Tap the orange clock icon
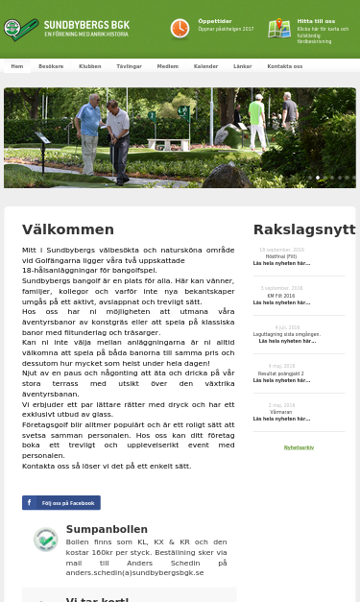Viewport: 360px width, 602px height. (180, 29)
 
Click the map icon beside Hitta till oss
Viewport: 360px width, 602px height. (279, 28)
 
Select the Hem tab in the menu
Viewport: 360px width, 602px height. (17, 66)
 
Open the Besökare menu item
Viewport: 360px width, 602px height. (51, 66)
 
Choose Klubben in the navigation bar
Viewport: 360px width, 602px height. (89, 66)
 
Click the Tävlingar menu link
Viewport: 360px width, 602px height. (129, 66)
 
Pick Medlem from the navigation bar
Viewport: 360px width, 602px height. (167, 66)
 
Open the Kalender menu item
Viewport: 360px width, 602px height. (205, 66)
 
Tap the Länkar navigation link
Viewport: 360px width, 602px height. (242, 66)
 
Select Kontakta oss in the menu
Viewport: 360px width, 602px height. (284, 66)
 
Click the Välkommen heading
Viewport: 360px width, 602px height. (68, 229)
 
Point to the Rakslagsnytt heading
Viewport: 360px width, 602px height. (303, 229)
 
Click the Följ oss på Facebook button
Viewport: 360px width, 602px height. (61, 502)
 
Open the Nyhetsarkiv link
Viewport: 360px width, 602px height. (299, 447)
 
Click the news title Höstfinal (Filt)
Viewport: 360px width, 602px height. (281, 256)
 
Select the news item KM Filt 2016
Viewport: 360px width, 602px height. (281, 295)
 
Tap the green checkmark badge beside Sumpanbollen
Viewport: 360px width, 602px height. (45, 540)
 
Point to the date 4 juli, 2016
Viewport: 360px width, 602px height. (281, 327)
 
